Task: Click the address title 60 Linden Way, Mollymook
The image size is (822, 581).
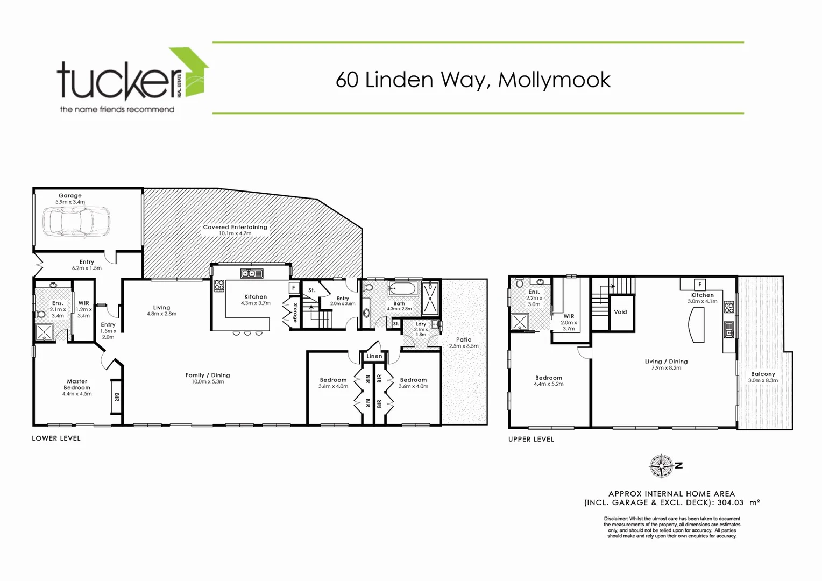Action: coord(473,80)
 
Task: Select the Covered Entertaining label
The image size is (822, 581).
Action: coord(235,228)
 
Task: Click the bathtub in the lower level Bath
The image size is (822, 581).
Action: coord(402,289)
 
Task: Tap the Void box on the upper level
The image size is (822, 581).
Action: coord(620,312)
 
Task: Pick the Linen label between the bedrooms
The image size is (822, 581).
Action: coord(374,356)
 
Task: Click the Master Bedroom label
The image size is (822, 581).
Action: coord(77,384)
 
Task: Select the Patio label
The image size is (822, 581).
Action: coord(464,339)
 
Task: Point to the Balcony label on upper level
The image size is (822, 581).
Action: coord(763,374)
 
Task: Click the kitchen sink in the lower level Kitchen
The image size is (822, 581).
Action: coord(251,273)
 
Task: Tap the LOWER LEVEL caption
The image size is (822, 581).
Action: coord(56,438)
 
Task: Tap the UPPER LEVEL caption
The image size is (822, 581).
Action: coord(531,440)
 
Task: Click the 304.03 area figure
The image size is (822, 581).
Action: coord(730,502)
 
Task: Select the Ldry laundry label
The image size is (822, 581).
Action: coord(421,324)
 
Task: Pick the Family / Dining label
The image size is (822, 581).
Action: coord(208,375)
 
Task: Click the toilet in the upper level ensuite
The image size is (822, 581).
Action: coord(520,284)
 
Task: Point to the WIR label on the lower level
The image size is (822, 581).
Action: coord(83,303)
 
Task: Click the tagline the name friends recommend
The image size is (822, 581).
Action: coord(117,109)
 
